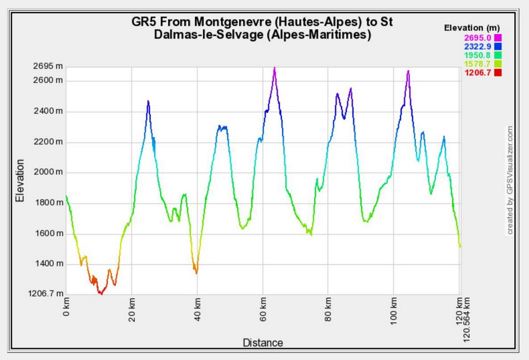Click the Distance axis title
(x=263, y=343)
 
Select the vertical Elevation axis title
(x=20, y=181)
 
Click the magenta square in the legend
(x=497, y=38)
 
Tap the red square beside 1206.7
(x=497, y=73)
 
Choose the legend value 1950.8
(x=477, y=55)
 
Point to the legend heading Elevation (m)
(x=472, y=28)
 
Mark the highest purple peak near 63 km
(x=274, y=68)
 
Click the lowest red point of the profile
(x=100, y=293)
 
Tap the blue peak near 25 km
(x=148, y=101)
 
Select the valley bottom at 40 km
(x=196, y=272)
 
